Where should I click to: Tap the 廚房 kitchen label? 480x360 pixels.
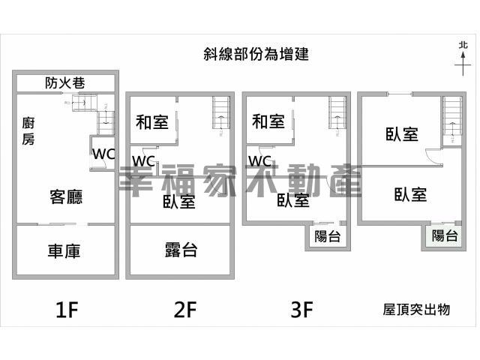pyautogui.click(x=28, y=130)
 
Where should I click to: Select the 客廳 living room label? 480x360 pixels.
pyautogui.click(x=66, y=196)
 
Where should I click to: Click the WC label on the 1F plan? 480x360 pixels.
pyautogui.click(x=103, y=154)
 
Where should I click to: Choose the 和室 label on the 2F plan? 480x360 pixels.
pyautogui.click(x=152, y=121)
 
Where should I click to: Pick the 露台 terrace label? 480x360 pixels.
pyautogui.click(x=180, y=250)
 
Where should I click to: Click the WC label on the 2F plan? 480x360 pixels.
pyautogui.click(x=144, y=161)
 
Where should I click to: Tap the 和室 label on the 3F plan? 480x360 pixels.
pyautogui.click(x=268, y=121)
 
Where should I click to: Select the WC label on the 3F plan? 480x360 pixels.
pyautogui.click(x=259, y=161)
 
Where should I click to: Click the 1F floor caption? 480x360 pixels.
pyautogui.click(x=66, y=310)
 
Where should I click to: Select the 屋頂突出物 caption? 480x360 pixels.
pyautogui.click(x=416, y=309)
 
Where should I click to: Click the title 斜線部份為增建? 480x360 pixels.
pyautogui.click(x=256, y=53)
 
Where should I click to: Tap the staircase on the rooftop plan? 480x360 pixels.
pyautogui.click(x=451, y=118)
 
